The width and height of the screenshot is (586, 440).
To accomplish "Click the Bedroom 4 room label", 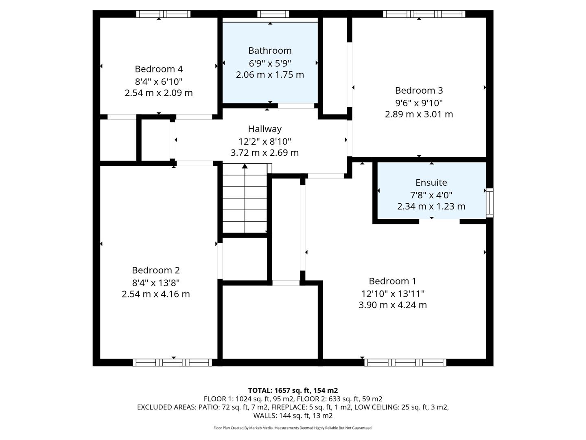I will point(159,69).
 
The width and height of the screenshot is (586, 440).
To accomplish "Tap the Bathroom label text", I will point(270,51).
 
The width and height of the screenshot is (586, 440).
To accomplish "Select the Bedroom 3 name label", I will point(419,90).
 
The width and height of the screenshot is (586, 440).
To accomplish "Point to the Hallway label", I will point(265,129).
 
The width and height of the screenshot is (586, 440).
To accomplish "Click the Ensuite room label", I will point(431,183).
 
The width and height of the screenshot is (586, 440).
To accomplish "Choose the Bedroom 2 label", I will point(155,270).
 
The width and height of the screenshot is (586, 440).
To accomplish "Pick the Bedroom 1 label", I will point(392,281).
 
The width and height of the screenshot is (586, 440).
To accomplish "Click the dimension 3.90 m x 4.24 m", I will point(392,305).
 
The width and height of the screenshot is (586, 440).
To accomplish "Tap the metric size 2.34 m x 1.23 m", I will point(431,206).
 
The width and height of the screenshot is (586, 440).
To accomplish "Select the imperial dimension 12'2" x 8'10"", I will point(265,141).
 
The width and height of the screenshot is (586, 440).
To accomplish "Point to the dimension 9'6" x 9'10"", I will point(419,103).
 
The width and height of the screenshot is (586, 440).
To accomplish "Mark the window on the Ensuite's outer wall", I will point(490,202).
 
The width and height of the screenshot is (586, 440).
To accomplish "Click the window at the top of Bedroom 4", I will point(163,14).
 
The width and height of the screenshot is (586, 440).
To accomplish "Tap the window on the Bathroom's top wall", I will point(273,14).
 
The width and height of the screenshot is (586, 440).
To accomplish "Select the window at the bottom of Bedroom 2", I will point(173,363).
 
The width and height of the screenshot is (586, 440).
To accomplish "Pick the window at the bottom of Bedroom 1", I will point(405,363).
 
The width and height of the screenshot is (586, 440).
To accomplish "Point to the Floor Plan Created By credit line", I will point(293,428).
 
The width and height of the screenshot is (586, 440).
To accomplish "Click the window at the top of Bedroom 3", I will point(424,14).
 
